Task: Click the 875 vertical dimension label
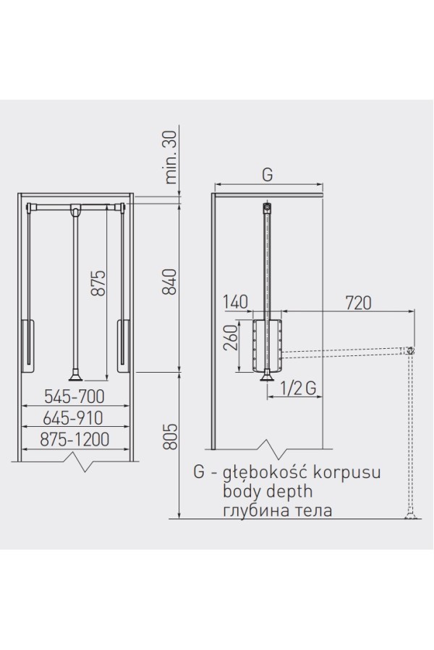pyautogui.click(x=99, y=283)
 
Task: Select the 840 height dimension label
pyautogui.click(x=170, y=282)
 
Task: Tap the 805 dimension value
pyautogui.click(x=170, y=436)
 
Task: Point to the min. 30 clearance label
pyautogui.click(x=171, y=157)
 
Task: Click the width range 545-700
pyautogui.click(x=75, y=396)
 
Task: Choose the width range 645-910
pyautogui.click(x=72, y=418)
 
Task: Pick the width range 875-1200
pyautogui.click(x=75, y=439)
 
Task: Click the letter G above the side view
pyautogui.click(x=268, y=175)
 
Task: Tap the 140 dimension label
pyautogui.click(x=235, y=303)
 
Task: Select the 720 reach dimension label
pyautogui.click(x=358, y=303)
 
